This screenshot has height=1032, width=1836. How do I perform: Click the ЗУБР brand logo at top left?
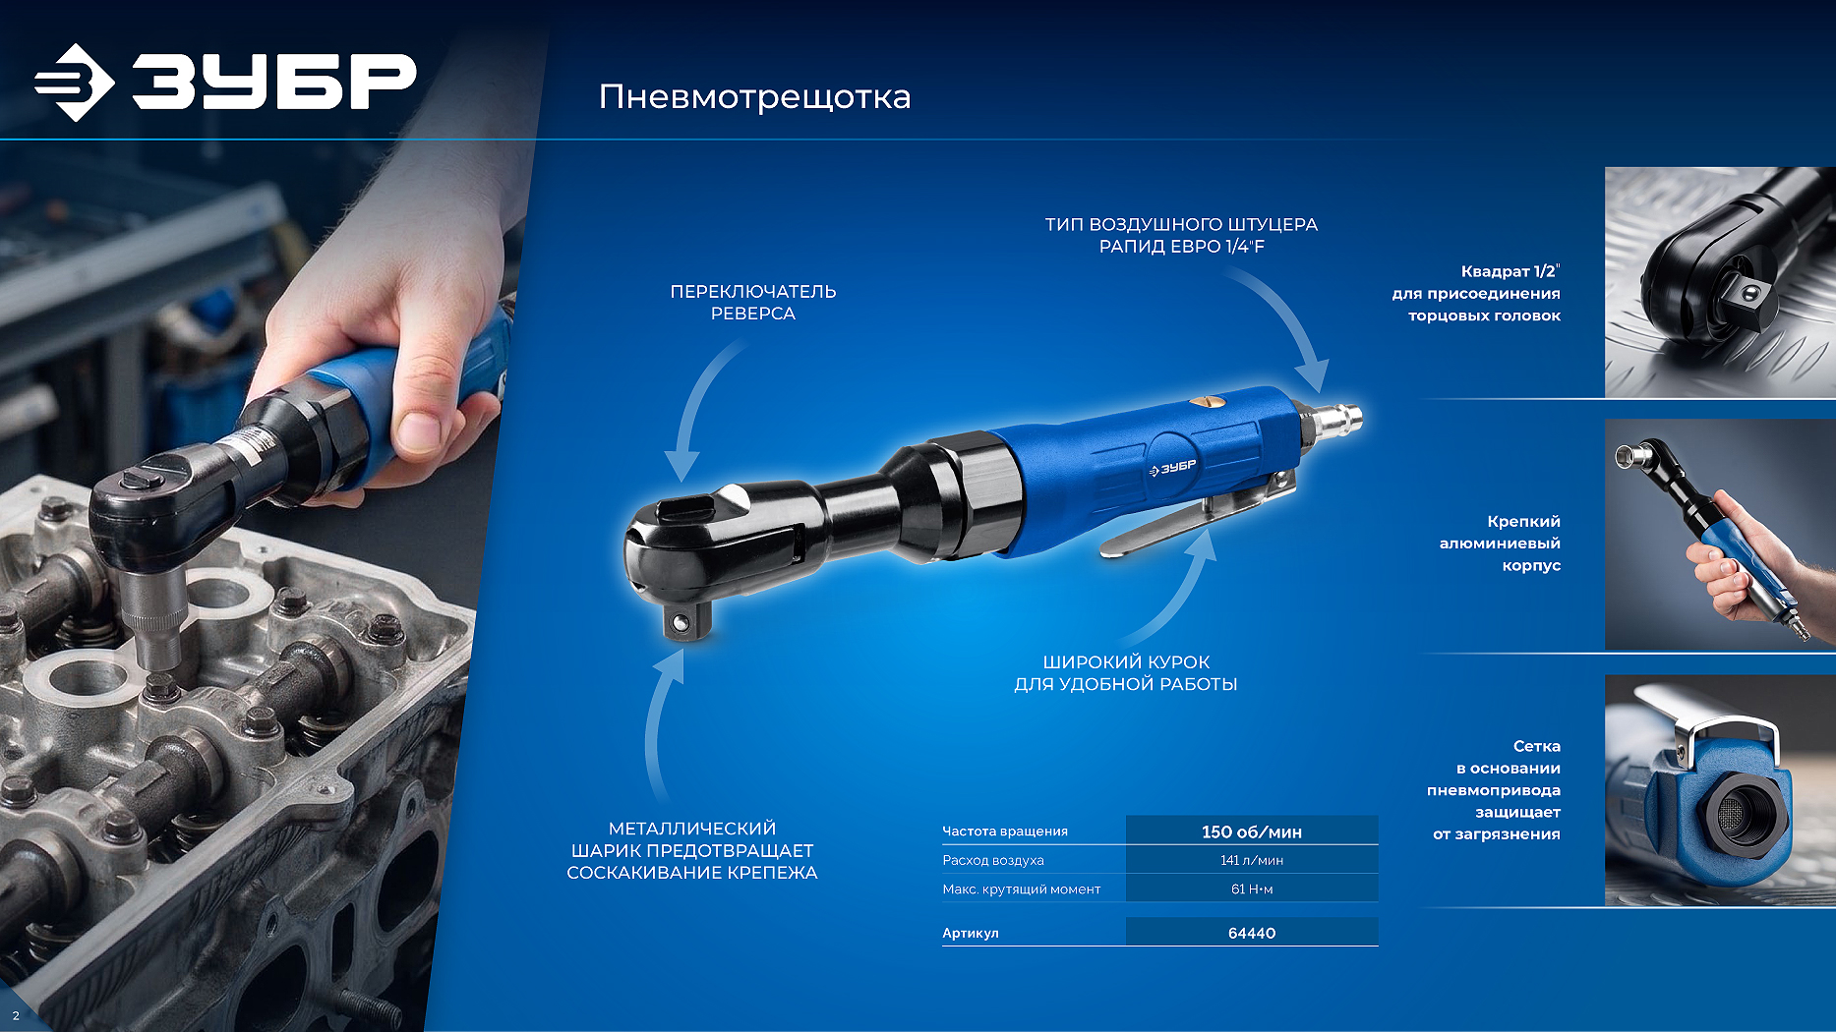[x=225, y=82]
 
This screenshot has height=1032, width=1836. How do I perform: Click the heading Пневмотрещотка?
[x=755, y=96]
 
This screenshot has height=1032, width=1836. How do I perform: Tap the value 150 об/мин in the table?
[x=1251, y=831]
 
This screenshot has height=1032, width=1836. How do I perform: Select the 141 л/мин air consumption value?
[x=1251, y=860]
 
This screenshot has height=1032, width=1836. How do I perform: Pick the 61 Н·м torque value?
[x=1251, y=889]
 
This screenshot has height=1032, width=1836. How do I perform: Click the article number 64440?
[x=1251, y=933]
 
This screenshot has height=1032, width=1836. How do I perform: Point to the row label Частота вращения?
[x=1004, y=831]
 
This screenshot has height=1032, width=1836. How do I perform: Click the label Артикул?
[x=970, y=933]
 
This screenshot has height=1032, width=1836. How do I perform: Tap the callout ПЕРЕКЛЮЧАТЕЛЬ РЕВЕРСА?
[x=753, y=302]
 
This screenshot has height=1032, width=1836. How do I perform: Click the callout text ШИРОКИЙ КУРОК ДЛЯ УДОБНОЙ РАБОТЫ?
[x=1126, y=673]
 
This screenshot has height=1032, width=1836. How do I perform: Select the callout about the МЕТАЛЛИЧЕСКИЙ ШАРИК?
[x=692, y=850]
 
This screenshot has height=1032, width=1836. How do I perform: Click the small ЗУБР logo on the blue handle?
[x=1172, y=468]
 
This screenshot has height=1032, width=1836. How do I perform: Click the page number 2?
[x=16, y=1015]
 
